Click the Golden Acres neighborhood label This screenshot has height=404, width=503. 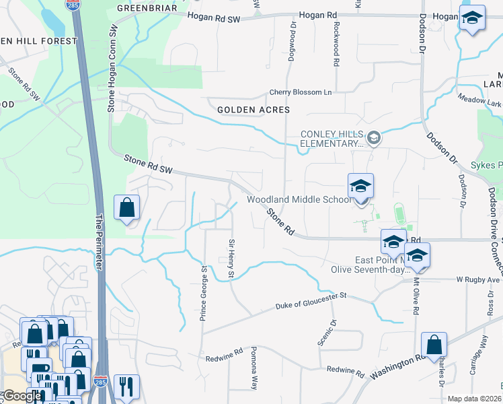click(x=254, y=109)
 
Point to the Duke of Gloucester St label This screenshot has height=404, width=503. click(x=310, y=301)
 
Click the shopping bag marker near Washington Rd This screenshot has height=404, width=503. click(x=434, y=345)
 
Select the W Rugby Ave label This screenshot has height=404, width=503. click(x=478, y=279)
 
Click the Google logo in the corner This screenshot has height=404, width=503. click(x=22, y=396)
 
